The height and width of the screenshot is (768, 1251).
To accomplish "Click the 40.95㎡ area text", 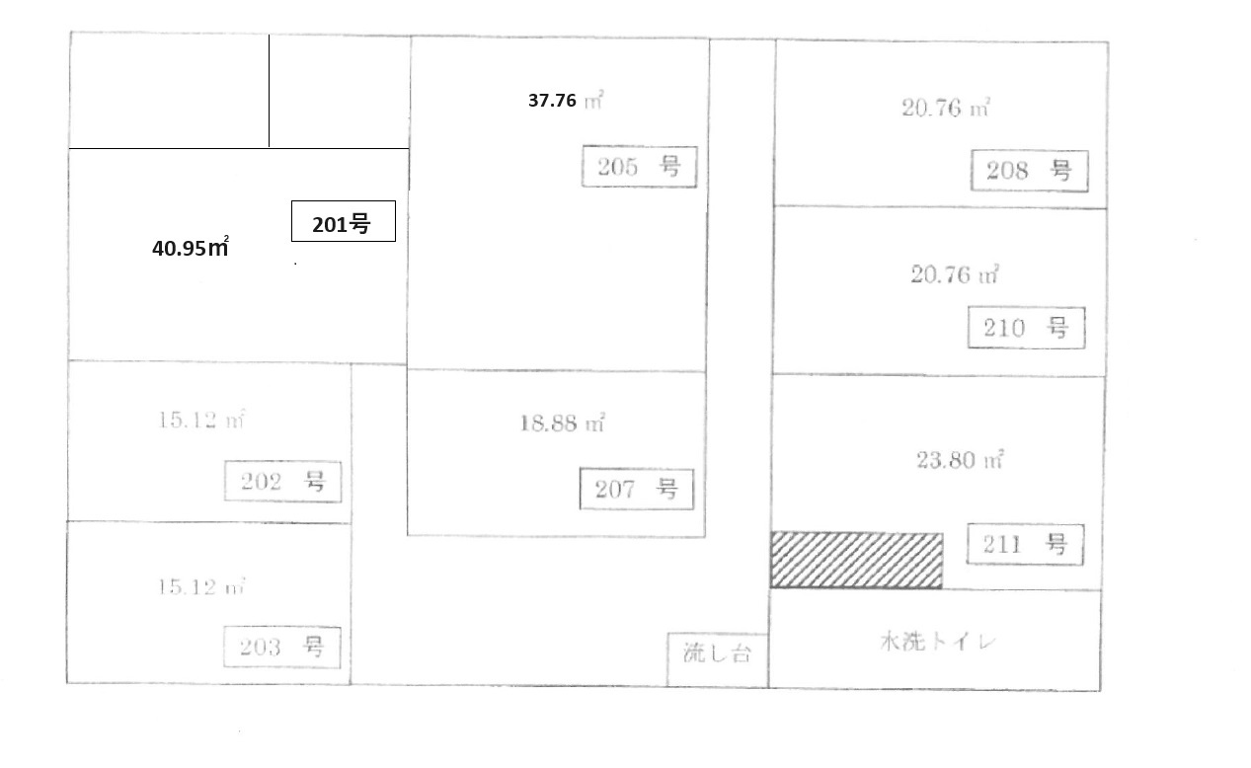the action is click(x=191, y=248).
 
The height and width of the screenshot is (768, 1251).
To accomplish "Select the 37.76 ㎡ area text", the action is click(x=566, y=100).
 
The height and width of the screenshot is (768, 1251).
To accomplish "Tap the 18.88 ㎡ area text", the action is click(x=563, y=423).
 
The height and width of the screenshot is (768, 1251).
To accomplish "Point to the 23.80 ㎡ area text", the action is click(x=960, y=460).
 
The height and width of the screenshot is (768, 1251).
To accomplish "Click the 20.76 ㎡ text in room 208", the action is click(x=946, y=108).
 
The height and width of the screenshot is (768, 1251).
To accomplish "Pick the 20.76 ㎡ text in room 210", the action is click(x=955, y=274).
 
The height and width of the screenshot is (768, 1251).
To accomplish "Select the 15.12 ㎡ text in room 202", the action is click(x=201, y=420).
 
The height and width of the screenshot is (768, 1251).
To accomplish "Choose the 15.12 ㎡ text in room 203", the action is click(x=201, y=587).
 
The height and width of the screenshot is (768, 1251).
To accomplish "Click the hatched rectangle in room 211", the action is click(x=857, y=561).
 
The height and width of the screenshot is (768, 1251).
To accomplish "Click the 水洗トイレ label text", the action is click(x=938, y=642).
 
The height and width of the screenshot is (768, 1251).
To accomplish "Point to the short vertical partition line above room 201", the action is click(x=270, y=91).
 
